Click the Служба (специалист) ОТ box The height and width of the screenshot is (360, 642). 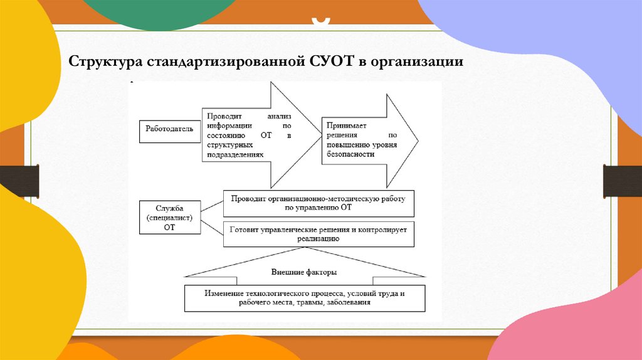click(169, 218)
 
